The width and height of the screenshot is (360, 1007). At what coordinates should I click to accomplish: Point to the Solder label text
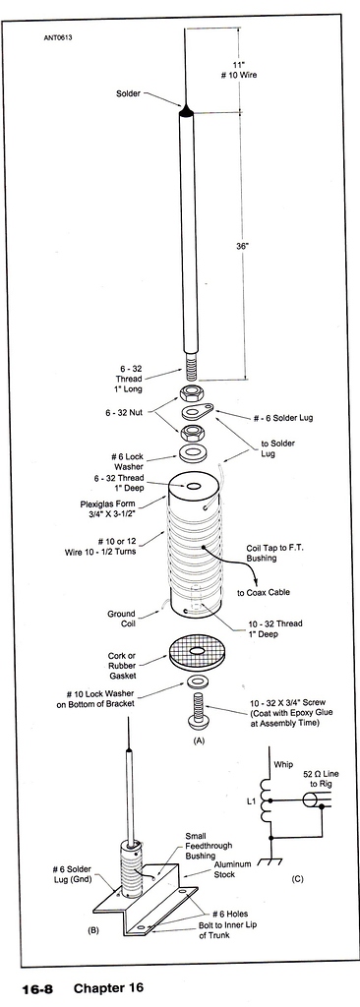[130, 94]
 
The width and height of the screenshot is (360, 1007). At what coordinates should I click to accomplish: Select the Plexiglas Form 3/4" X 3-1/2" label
[113, 510]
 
